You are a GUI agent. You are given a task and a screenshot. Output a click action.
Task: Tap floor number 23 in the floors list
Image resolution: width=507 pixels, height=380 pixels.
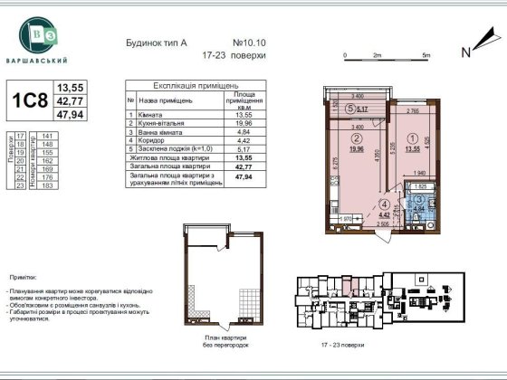pos(20,184)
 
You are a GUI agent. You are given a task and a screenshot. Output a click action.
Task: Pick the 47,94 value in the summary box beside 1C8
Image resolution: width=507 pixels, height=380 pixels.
pos(70,116)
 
